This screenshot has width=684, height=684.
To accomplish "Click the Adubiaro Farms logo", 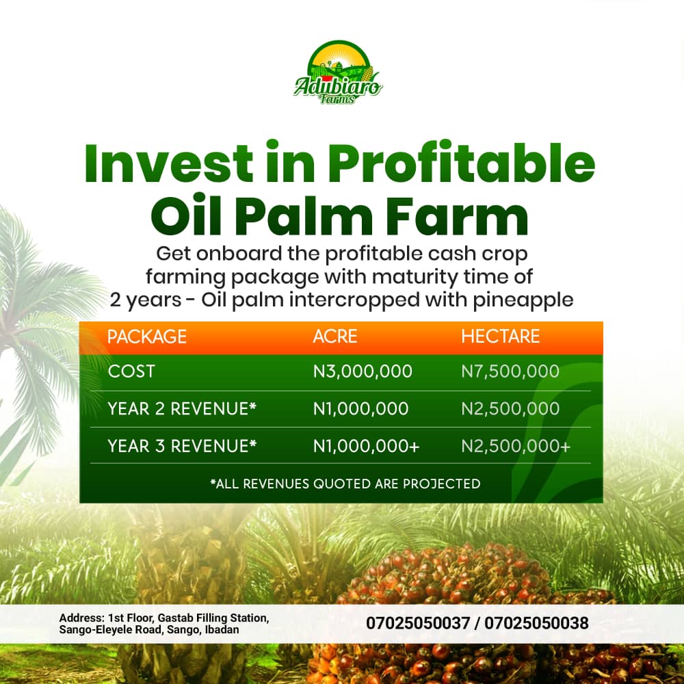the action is (x=338, y=73).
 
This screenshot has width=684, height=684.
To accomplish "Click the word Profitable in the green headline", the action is (x=462, y=162).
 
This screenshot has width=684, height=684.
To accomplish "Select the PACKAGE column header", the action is (x=147, y=337).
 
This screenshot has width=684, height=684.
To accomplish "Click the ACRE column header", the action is (x=335, y=337).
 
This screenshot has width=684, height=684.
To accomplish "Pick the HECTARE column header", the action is (x=501, y=337).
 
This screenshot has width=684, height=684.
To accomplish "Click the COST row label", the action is (x=131, y=371).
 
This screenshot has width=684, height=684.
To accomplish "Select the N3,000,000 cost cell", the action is (x=363, y=371).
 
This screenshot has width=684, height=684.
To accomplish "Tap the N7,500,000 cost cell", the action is (x=510, y=371).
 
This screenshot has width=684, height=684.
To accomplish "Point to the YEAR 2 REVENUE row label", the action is (x=182, y=409).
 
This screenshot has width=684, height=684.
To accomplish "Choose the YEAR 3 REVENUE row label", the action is (x=182, y=446).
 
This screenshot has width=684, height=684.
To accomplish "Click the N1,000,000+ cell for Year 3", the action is (x=367, y=446).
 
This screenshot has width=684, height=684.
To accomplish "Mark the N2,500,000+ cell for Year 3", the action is (x=516, y=446).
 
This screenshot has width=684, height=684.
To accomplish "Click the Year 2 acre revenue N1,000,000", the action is (x=360, y=409).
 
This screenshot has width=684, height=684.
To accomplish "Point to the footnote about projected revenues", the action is (x=345, y=484).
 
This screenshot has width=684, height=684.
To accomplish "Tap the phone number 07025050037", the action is (x=418, y=623).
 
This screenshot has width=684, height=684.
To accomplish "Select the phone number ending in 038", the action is (x=536, y=623).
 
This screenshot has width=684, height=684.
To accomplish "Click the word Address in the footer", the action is (x=82, y=618).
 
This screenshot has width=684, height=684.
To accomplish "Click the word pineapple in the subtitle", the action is (x=523, y=300).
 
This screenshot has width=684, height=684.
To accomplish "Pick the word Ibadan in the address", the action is (x=222, y=630).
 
